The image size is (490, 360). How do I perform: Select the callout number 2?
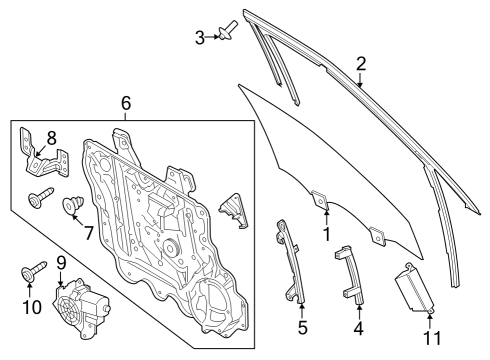tap(361, 64)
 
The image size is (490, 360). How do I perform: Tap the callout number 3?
tap(200, 37)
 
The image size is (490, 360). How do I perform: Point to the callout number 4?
tap(359, 327)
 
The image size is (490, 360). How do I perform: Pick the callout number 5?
tap(303, 326)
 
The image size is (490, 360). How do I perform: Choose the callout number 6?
tap(125, 103)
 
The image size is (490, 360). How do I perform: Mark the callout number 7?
tap(88, 233)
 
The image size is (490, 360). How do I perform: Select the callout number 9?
tap(61, 262)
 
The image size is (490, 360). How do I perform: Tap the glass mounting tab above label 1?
tap(319, 200)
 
